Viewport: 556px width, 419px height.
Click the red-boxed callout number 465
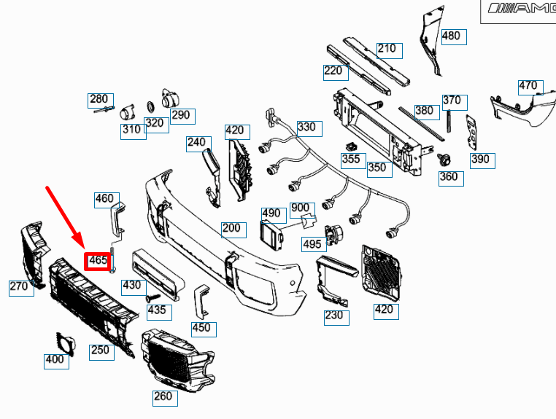click(x=98, y=260)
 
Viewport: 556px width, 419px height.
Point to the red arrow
click(x=64, y=214)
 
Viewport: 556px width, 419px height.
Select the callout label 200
click(x=231, y=228)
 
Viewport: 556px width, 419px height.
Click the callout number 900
click(x=300, y=208)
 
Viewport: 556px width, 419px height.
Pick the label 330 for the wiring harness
click(x=306, y=127)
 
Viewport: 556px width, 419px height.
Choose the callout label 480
click(x=451, y=36)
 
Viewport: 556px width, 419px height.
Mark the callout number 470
click(x=528, y=86)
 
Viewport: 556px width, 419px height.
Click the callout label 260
click(x=163, y=397)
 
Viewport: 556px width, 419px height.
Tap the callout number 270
click(x=20, y=287)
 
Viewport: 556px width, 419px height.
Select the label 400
click(x=55, y=360)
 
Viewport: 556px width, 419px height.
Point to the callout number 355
click(x=351, y=159)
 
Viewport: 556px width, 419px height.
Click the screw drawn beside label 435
click(x=154, y=297)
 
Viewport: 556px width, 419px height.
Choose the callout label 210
click(x=387, y=49)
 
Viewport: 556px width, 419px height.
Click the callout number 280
click(x=99, y=99)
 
